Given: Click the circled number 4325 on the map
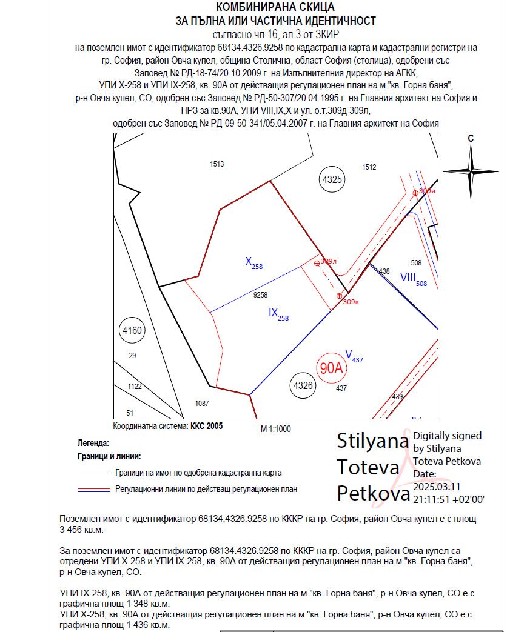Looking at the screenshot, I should [x=332, y=179].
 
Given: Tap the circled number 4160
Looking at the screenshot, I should [x=132, y=330].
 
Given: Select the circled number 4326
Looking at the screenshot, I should [x=303, y=385].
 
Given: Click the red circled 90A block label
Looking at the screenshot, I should [x=332, y=368].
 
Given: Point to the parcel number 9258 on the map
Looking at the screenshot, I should [x=260, y=295].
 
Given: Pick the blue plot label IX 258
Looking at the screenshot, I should [x=278, y=314].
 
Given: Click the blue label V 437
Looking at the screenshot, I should [x=354, y=355].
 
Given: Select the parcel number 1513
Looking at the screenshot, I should [x=217, y=164].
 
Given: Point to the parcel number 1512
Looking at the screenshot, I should [x=369, y=167].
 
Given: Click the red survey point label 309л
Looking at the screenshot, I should [x=328, y=261].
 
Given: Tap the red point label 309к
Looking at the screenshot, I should [x=351, y=301].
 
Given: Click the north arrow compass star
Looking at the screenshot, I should [x=471, y=171].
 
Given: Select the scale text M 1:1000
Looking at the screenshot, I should [x=276, y=429].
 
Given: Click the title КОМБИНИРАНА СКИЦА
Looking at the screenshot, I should [x=275, y=7].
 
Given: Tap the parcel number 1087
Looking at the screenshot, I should [x=202, y=403].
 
